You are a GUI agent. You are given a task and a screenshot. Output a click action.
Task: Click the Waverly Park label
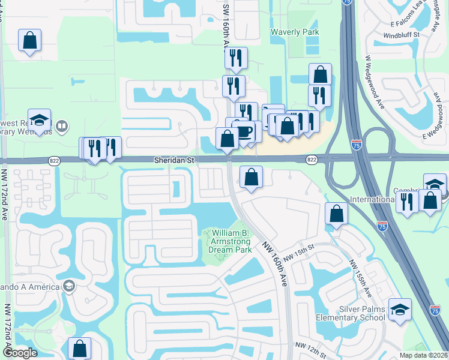click(295, 32)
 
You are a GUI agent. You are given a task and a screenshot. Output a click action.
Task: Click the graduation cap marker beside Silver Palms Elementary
click(400, 310)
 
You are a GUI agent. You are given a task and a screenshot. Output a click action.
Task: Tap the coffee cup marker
click(244, 131)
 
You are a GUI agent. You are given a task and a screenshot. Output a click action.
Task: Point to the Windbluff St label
click(402, 35)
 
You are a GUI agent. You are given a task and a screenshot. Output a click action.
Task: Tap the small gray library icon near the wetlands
click(61, 126)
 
